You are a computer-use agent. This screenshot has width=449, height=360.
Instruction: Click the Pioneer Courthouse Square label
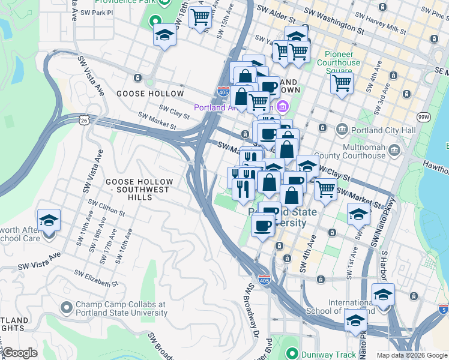point(339,62)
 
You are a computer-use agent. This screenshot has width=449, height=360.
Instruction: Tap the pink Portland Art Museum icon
point(282,108)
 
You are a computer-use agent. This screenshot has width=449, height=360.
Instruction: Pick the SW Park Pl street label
point(96,12)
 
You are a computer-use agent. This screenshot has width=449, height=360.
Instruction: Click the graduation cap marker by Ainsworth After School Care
point(49,221)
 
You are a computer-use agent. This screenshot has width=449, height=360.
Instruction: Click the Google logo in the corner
point(20,353)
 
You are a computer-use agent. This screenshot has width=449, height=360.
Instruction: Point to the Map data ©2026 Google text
point(412,355)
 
